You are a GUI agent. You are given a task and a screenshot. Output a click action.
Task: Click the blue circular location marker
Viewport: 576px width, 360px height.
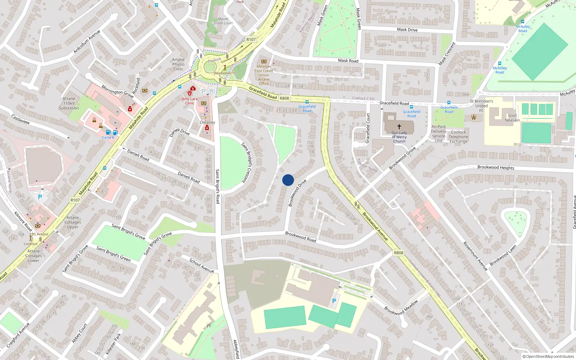(x=288, y=180)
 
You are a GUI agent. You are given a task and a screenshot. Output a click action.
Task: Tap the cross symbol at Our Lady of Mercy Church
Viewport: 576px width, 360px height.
(x=399, y=127)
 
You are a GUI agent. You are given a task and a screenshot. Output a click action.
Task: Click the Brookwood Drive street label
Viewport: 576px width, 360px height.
(x=297, y=193)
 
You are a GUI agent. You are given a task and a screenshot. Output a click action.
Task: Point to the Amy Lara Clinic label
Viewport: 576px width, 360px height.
(x=190, y=101)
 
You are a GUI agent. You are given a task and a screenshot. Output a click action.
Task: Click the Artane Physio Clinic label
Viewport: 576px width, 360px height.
(x=178, y=64)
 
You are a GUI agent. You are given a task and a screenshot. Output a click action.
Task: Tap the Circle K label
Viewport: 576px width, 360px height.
(x=108, y=138)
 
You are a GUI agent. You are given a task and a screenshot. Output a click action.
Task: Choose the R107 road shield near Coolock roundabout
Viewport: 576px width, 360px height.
(x=251, y=40)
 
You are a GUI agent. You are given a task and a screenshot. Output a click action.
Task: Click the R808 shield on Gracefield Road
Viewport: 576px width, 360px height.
(x=284, y=98)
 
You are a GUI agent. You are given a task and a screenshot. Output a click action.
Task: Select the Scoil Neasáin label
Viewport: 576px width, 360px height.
(x=512, y=118)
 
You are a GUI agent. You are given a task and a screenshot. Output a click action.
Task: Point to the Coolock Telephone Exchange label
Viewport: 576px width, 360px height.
(x=458, y=137)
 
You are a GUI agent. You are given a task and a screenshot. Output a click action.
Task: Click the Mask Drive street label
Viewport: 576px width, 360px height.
(x=407, y=30)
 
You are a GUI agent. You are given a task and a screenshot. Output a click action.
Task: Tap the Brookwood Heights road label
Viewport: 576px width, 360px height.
(x=496, y=167)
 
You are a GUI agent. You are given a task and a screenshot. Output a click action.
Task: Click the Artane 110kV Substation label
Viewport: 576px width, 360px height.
(x=69, y=103)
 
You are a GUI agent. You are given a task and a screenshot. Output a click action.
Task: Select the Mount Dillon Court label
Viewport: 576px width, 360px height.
(x=223, y=21)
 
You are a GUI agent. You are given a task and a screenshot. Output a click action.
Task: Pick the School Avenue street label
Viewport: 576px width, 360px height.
(x=202, y=266)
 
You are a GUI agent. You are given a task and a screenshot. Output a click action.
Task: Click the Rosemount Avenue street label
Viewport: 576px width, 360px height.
(x=475, y=256)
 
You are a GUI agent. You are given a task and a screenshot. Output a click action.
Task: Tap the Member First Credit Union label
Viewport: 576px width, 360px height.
(x=264, y=75)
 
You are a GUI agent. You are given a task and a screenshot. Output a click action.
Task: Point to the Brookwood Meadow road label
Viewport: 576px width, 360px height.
(x=401, y=308)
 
